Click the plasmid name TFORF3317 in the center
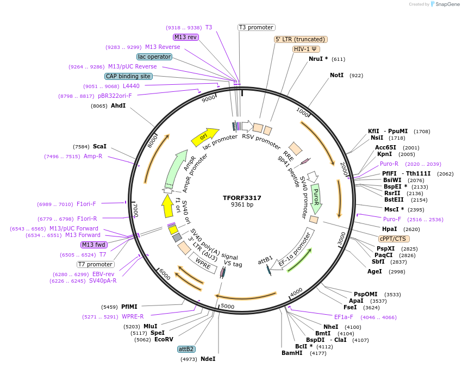tap(242, 198)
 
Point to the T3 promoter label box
tap(257, 28)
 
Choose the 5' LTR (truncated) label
tap(301, 39)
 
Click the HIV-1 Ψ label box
tap(306, 49)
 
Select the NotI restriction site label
tap(337, 75)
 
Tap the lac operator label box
tap(154, 57)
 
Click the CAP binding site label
tap(128, 77)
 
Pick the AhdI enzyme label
tap(118, 105)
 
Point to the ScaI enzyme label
tap(99, 146)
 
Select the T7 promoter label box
tap(95, 264)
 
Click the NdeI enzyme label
tap(208, 359)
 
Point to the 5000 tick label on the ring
tap(227, 307)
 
